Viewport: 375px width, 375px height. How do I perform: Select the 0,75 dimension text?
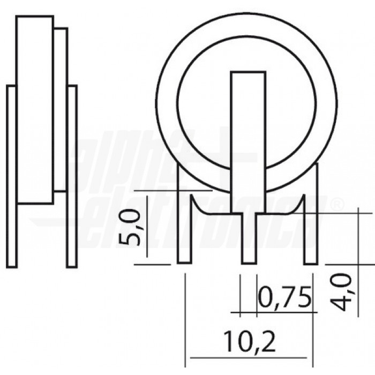(284, 297)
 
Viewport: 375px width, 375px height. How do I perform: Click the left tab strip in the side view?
(11, 177)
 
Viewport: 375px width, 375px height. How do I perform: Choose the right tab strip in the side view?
(72, 177)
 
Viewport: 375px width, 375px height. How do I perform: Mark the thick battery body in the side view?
(35, 110)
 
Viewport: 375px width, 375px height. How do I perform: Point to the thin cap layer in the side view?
(61, 110)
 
